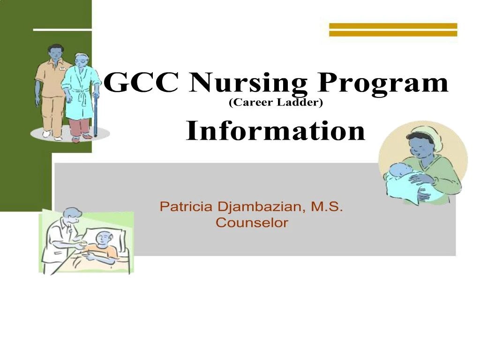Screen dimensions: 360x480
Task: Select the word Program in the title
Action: (x=383, y=84)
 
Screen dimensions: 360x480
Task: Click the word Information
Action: (x=275, y=131)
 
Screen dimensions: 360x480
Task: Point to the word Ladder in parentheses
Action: (x=300, y=103)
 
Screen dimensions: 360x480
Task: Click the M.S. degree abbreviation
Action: (x=327, y=207)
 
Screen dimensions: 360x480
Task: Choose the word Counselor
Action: (x=252, y=223)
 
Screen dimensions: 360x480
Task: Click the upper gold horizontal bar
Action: (x=393, y=26)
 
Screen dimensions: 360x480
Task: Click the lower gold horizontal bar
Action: (x=393, y=33)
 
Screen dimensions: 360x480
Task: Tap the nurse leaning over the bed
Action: (x=61, y=234)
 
